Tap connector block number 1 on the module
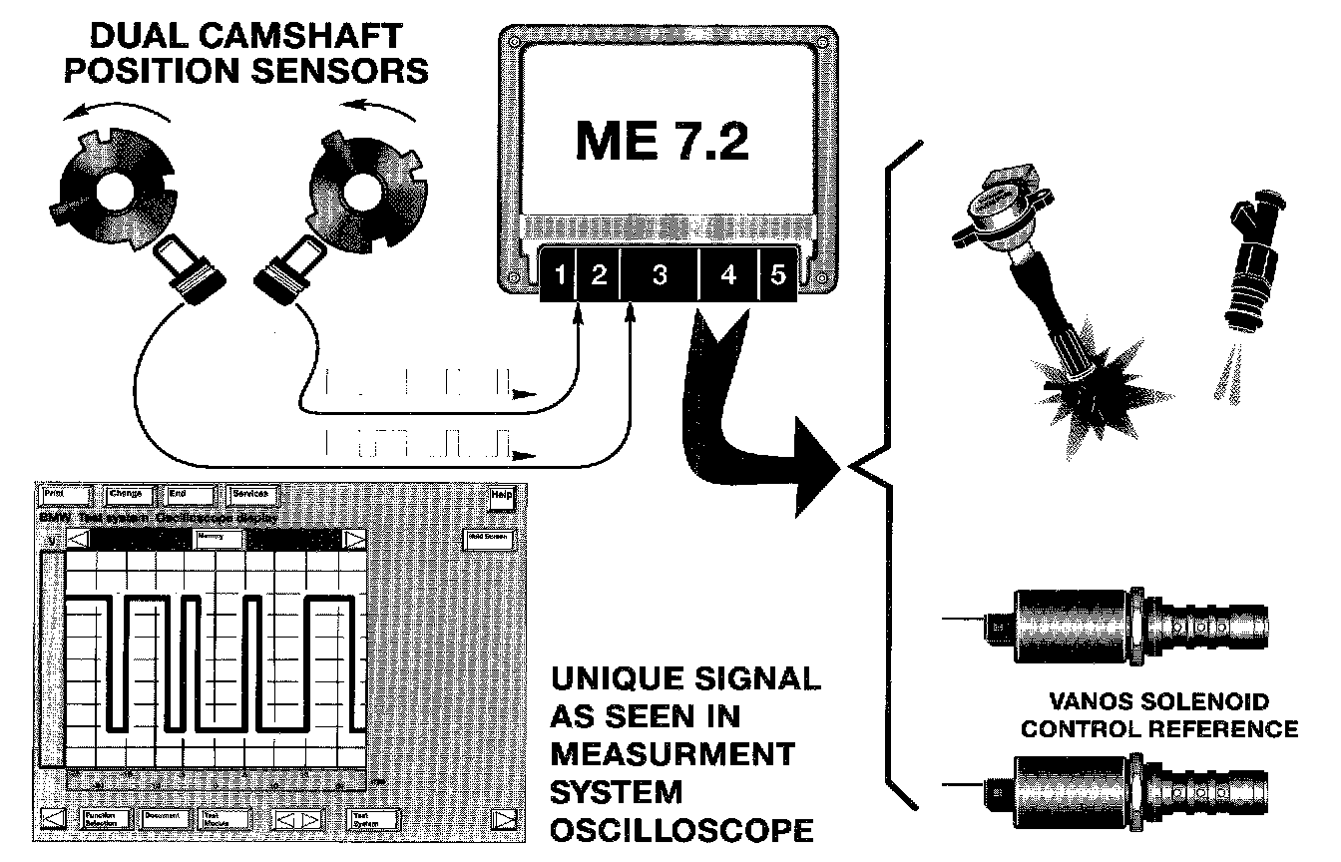tap(561, 275)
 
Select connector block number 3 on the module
tap(659, 275)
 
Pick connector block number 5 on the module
tap(778, 275)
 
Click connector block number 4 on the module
tap(728, 275)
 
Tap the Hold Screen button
tap(490, 538)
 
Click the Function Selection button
tap(105, 818)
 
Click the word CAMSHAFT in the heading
tap(300, 38)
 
